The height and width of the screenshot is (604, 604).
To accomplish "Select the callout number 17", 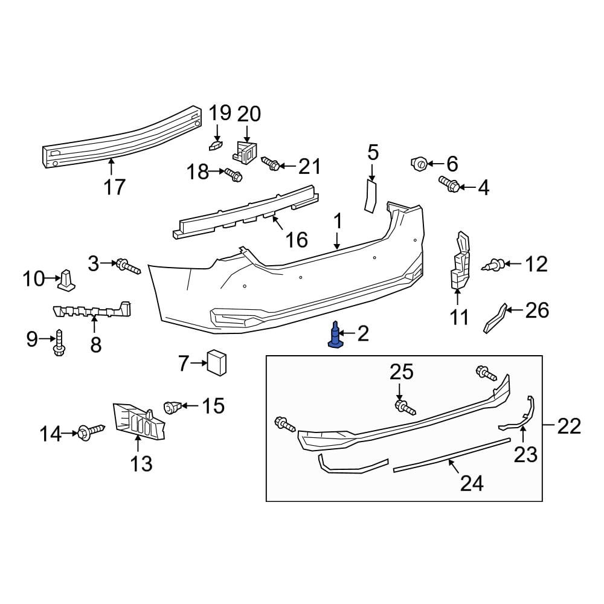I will point(114,187).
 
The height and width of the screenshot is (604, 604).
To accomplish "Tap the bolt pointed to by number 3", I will point(128,266).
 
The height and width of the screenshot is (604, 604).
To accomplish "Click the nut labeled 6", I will point(419,162).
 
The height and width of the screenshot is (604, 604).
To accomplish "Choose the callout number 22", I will point(568,426).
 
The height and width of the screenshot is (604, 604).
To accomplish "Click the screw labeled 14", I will point(89,432).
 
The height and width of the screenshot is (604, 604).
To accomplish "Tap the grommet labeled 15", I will point(173,407).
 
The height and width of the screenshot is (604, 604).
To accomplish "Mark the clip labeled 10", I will point(66,280).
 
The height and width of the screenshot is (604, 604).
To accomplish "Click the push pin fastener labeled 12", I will point(494,264).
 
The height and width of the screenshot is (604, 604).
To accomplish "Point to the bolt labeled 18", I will point(233,175).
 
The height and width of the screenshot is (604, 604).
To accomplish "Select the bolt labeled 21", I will point(270,163).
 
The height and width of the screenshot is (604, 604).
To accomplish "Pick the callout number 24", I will point(472,483).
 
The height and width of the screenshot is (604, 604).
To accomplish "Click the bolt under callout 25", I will point(404,408).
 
